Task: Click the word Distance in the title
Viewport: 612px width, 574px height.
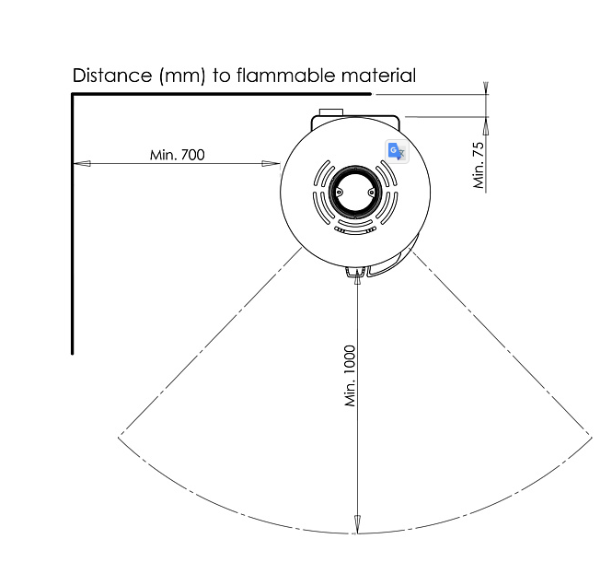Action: (x=112, y=76)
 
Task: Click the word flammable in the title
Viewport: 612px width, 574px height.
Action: (x=286, y=75)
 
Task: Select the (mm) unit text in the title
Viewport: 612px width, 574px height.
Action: (x=182, y=76)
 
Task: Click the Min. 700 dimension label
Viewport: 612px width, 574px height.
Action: (x=178, y=155)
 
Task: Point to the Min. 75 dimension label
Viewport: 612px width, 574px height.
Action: (x=479, y=165)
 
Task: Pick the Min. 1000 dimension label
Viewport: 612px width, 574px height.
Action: (x=350, y=376)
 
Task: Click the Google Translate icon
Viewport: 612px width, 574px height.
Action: (x=397, y=151)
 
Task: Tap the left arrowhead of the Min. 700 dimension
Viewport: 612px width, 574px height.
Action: (x=82, y=163)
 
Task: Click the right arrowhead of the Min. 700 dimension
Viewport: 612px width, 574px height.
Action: (x=271, y=163)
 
